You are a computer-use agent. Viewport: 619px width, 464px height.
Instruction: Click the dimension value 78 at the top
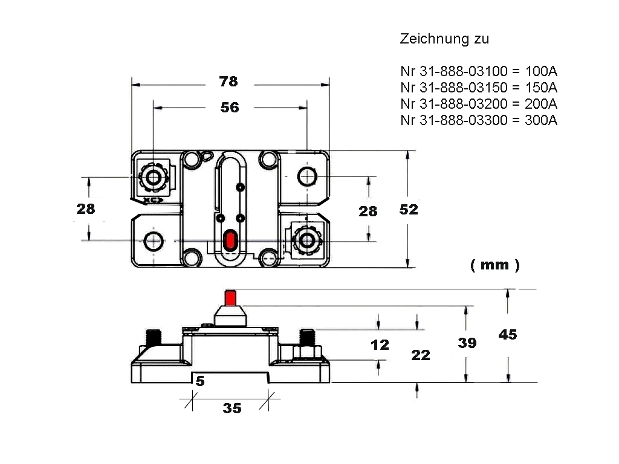[x=229, y=82]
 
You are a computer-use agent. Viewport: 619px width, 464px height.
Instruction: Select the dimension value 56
[x=230, y=108]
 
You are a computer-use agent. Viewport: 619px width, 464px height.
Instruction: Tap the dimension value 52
[x=409, y=210]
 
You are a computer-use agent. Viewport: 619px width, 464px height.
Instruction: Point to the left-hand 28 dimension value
[x=86, y=209]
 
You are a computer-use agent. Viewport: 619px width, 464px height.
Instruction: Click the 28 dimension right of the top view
[x=368, y=211]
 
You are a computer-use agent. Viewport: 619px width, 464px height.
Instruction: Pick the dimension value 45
[x=508, y=334]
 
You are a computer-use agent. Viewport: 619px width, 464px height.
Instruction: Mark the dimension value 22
[x=421, y=355]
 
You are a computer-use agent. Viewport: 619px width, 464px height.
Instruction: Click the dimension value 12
[x=380, y=345]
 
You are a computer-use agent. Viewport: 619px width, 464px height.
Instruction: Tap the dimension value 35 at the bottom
[x=232, y=408]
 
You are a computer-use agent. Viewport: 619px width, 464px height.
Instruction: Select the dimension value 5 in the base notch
[x=200, y=381]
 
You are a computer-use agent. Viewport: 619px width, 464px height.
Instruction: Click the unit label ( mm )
[x=494, y=265]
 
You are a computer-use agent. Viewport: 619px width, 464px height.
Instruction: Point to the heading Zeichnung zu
[x=444, y=39]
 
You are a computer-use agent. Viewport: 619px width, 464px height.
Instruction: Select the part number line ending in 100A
[x=478, y=72]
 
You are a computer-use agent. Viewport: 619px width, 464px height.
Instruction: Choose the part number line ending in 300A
[x=478, y=120]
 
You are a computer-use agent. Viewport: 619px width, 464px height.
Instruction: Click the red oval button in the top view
[x=230, y=240]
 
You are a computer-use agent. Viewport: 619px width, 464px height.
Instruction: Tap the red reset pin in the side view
[x=230, y=298]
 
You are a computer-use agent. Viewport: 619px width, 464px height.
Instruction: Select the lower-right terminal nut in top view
[x=308, y=241]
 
